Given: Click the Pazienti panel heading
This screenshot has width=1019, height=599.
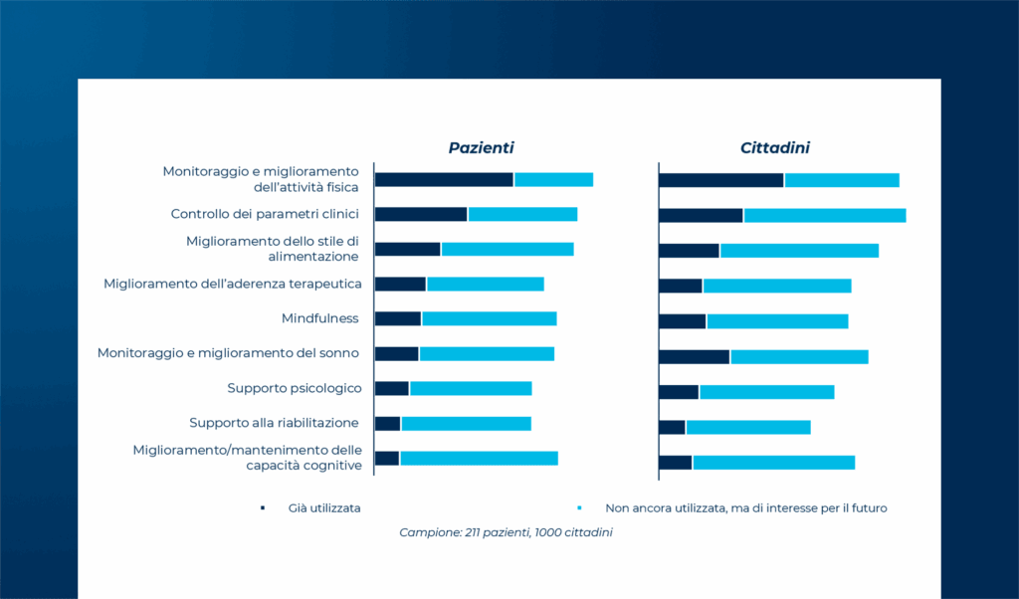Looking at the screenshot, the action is point(481,148).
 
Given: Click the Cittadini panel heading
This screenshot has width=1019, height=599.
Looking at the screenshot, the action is point(774,148).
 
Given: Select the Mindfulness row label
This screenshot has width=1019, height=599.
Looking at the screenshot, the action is point(319,318).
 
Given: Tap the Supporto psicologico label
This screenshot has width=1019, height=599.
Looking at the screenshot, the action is point(295,388).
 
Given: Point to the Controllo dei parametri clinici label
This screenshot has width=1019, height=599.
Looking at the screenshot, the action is point(265,214).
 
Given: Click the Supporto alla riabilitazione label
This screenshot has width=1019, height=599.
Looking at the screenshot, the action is point(274,423).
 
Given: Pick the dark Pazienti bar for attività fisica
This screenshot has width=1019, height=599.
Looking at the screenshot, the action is point(444,180).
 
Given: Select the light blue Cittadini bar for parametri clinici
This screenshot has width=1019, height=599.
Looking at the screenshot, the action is point(825,215).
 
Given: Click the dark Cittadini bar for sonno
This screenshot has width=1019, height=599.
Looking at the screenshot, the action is point(694,356).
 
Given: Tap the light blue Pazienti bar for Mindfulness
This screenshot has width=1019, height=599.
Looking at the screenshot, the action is point(490,319).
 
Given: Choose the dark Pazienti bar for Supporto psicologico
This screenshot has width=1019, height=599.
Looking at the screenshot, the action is point(392,388).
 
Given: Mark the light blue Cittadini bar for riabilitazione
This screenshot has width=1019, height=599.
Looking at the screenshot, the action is point(748,427).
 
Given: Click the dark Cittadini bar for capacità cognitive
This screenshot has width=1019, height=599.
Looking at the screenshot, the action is point(676,463).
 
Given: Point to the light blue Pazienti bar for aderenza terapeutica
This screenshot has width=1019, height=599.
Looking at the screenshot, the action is point(486,284).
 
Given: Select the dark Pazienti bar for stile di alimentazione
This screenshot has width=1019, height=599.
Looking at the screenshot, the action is point(407,249).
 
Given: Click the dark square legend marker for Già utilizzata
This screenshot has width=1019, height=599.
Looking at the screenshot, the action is point(263,508).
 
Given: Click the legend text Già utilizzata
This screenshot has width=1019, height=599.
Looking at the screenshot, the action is point(324,508).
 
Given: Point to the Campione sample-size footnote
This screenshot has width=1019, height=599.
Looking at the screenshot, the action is point(506,532).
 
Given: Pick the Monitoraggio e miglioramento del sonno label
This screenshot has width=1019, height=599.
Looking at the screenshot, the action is point(228,353).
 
